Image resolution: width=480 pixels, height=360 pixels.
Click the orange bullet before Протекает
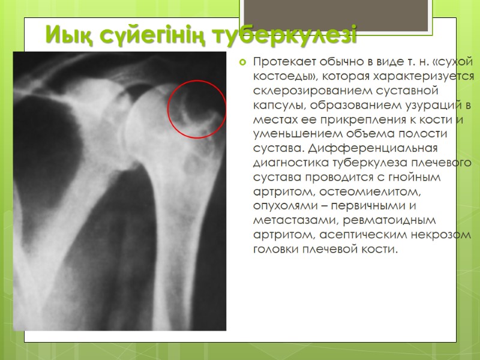tap(243, 62)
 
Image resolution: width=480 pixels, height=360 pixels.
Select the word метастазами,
tap(292, 220)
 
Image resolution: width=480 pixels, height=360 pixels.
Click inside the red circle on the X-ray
tap(196, 109)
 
